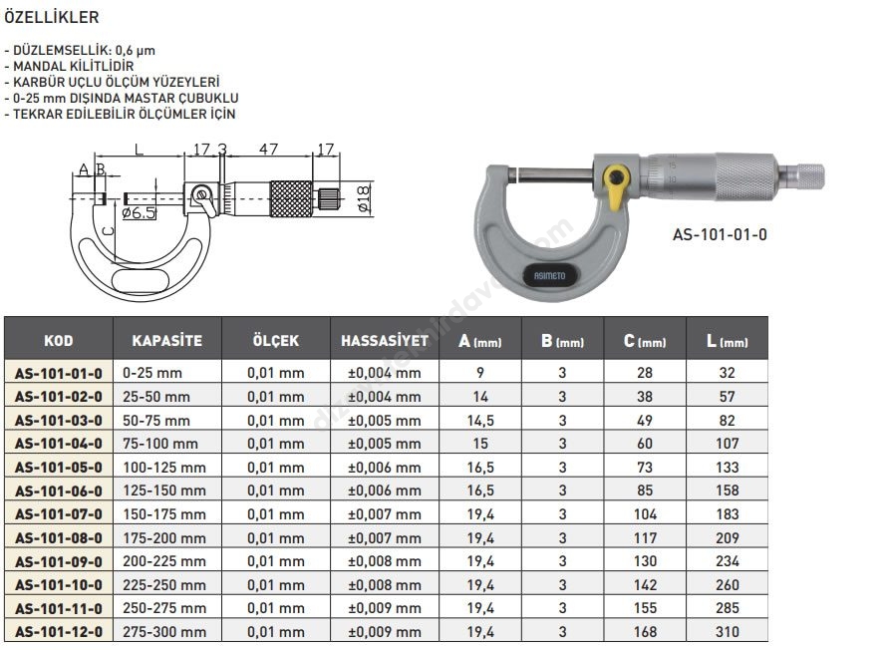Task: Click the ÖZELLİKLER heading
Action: coord(52,17)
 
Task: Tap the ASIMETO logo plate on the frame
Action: coord(549,276)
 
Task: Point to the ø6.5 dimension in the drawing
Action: coord(139,213)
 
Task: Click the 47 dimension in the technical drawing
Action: coord(268,149)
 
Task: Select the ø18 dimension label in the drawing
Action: coord(364,197)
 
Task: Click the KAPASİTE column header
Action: coord(167,340)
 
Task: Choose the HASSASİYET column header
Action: coord(385,340)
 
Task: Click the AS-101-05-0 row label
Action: coord(59,468)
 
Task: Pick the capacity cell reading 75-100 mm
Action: coord(160,444)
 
